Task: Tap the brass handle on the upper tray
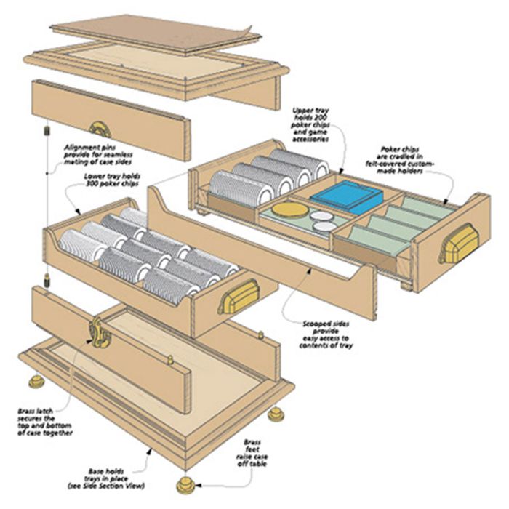(459, 243)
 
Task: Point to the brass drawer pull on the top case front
(100, 129)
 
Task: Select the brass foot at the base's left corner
(36, 381)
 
